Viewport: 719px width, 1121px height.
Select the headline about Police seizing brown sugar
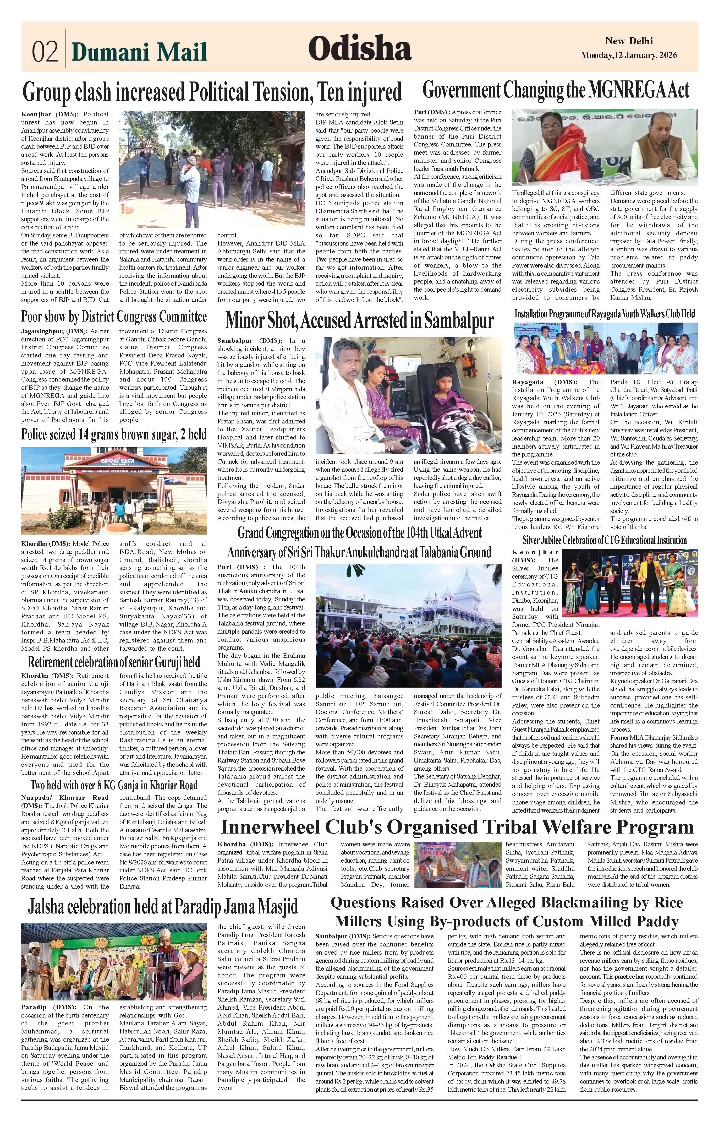(113, 434)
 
